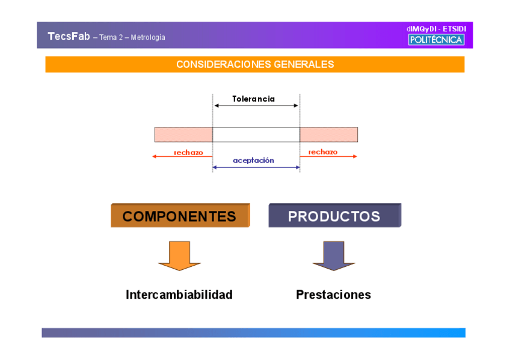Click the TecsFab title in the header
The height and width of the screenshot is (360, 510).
[69, 36]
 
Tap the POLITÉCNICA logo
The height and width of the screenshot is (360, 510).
[436, 40]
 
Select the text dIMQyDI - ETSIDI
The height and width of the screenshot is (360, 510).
[436, 29]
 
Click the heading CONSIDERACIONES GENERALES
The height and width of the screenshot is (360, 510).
[255, 64]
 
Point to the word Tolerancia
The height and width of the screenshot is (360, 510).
[253, 99]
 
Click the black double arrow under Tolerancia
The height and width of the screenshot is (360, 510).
[256, 106]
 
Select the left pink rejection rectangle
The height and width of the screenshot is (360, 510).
[183, 135]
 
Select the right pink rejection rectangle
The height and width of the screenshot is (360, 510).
[328, 135]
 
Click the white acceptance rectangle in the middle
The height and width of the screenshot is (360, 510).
[256, 135]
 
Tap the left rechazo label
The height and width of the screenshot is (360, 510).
[188, 153]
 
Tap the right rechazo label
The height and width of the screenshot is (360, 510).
[323, 152]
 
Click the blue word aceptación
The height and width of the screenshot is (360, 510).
[253, 160]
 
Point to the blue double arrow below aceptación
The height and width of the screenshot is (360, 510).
[256, 167]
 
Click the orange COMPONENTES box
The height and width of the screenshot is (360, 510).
[180, 216]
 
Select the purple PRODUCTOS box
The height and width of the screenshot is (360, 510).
[334, 216]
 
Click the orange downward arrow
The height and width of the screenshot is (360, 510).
[179, 255]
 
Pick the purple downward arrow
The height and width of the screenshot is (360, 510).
[334, 255]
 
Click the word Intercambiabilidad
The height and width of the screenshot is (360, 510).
[179, 295]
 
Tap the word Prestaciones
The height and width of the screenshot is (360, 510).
[333, 295]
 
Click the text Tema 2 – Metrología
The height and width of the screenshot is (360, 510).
[132, 37]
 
